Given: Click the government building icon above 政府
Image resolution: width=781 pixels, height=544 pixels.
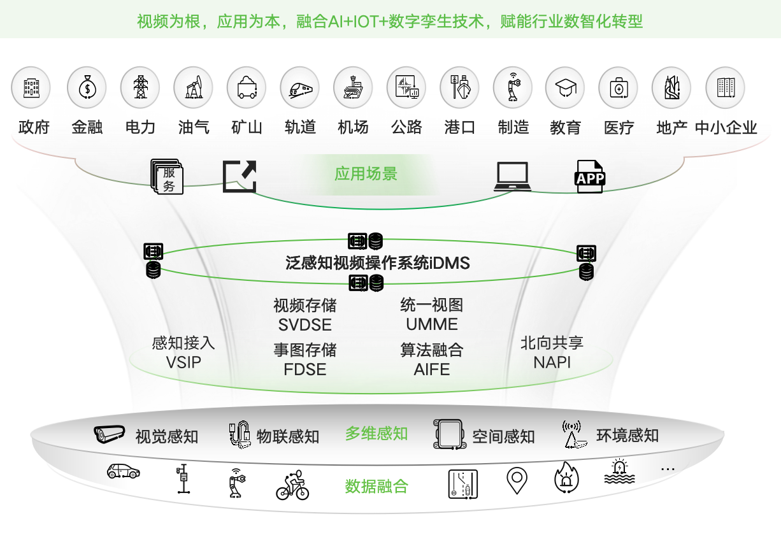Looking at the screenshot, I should (x=31, y=88).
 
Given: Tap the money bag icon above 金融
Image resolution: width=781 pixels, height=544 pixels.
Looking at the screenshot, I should (x=87, y=88).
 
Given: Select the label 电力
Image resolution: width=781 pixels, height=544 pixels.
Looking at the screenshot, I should (x=140, y=127).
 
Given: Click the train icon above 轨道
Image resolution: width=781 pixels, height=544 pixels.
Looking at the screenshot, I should (x=299, y=88).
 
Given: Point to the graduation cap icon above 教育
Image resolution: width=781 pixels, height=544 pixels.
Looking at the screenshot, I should (x=564, y=88).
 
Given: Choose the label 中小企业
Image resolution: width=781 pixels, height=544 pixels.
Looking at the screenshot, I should (x=726, y=127).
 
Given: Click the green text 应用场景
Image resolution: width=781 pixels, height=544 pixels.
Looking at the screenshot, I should (x=366, y=173).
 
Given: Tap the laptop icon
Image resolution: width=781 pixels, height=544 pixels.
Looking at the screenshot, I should (x=512, y=176).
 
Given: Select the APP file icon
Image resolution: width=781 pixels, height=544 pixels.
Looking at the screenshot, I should (x=590, y=176).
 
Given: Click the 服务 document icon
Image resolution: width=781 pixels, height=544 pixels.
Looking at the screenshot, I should (x=167, y=176).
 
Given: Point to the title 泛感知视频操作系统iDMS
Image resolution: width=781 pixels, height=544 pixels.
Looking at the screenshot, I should (x=378, y=262).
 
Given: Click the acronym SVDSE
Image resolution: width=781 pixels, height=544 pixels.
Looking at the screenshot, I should (x=305, y=325).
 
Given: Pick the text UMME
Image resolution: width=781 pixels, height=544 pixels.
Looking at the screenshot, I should (x=432, y=324).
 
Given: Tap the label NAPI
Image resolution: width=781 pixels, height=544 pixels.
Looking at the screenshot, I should (x=552, y=362).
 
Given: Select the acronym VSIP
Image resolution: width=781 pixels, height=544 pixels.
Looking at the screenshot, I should (x=183, y=363).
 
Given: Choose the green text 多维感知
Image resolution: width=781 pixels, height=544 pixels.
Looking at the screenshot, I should (x=376, y=434).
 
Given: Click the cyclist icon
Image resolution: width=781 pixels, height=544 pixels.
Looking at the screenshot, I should (x=292, y=485).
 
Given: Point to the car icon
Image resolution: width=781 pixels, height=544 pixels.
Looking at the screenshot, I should (x=123, y=471).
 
